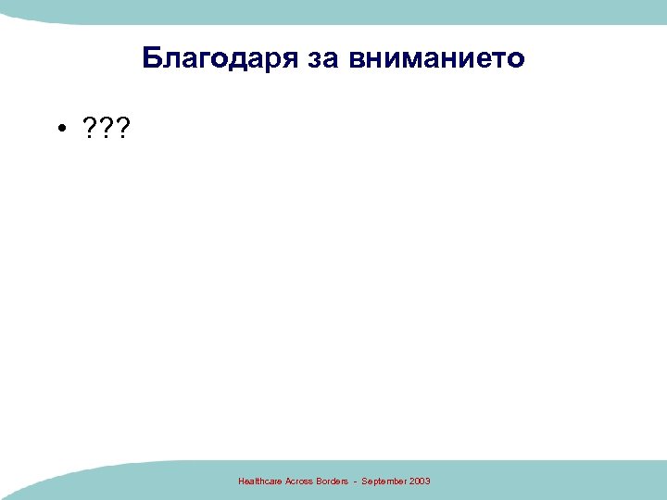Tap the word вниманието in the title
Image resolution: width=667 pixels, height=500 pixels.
[437, 59]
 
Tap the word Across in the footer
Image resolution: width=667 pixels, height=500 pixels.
[299, 481]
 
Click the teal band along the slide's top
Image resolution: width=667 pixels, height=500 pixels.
[333, 9]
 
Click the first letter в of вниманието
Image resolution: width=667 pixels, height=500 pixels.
[358, 59]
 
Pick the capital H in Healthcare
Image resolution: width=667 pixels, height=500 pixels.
[241, 481]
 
